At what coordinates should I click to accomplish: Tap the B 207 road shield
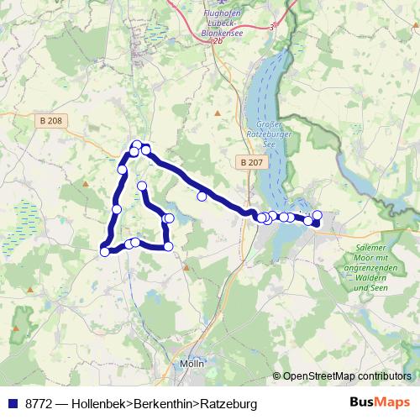click(x=249, y=162)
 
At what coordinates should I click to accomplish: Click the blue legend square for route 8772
click(x=12, y=403)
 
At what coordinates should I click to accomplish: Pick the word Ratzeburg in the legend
click(x=228, y=403)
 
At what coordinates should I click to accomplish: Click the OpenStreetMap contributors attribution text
click(x=347, y=376)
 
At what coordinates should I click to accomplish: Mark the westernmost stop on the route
click(x=105, y=251)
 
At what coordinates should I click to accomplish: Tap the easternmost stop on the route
click(x=317, y=215)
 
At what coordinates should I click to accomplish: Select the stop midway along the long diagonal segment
click(x=202, y=197)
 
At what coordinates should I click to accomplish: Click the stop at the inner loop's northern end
click(x=142, y=186)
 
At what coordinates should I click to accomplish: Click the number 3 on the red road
click(x=272, y=28)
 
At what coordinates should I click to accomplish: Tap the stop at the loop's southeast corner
click(x=169, y=246)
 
